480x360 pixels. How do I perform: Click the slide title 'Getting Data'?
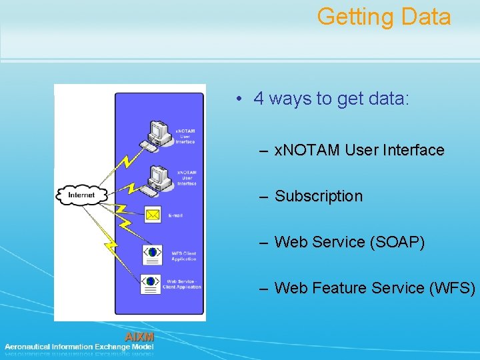(384, 17)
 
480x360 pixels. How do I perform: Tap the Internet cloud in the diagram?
(81, 195)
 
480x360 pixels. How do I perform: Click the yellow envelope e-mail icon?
(153, 215)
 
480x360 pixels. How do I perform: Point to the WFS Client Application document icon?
(153, 253)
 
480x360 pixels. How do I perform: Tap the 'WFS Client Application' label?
(185, 255)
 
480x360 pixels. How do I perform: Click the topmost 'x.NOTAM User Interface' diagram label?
(185, 136)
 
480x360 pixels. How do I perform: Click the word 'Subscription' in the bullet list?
(319, 196)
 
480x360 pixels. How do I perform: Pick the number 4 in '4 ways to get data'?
(258, 99)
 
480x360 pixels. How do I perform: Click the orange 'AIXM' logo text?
(139, 337)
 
